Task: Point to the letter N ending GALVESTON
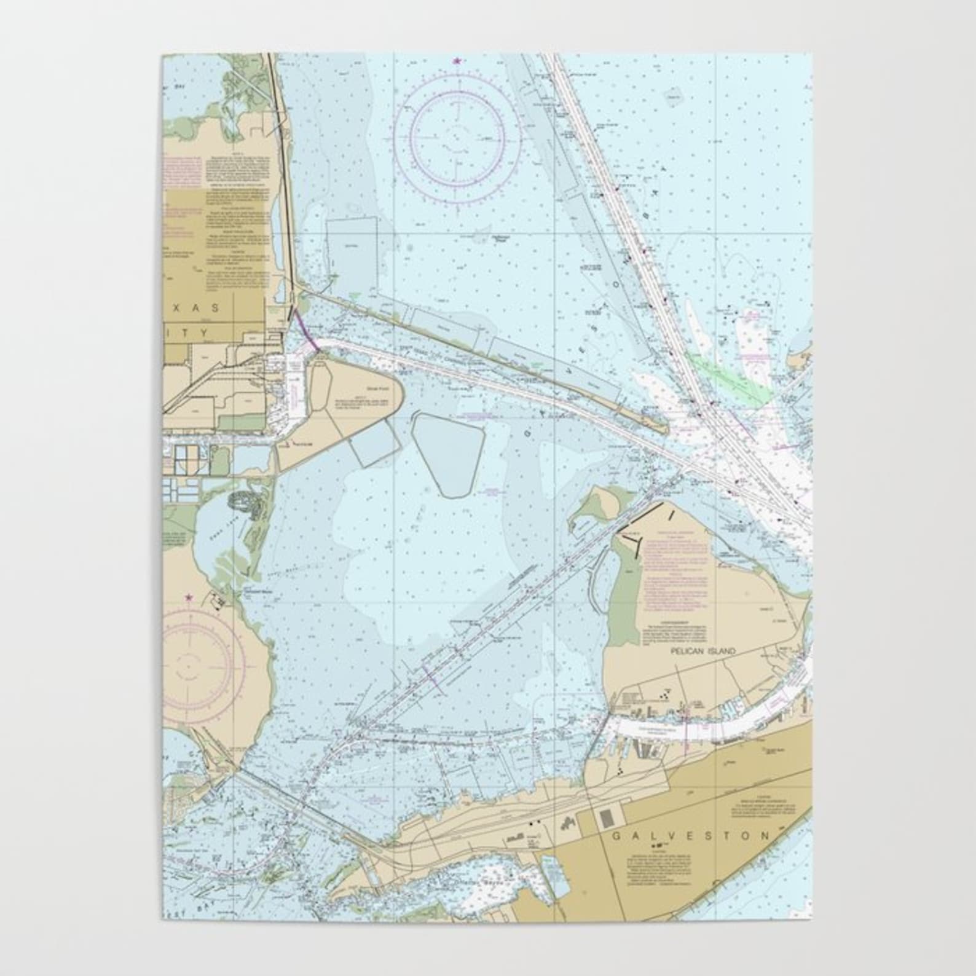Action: (x=765, y=835)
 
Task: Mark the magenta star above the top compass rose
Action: (x=457, y=60)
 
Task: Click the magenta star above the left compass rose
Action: (x=189, y=596)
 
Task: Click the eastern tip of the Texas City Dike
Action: (x=666, y=428)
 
